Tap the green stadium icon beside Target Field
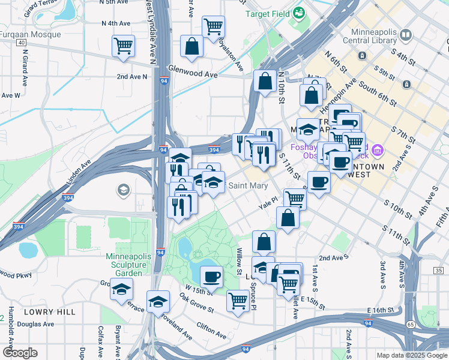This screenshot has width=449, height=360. click(x=298, y=13)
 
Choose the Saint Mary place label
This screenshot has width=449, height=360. click(x=248, y=186)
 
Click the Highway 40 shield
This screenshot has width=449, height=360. click(x=21, y=43)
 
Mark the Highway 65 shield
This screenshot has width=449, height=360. click(x=411, y=324)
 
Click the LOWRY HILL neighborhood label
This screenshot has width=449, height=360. click(x=50, y=312)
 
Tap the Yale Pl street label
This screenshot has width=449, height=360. click(x=268, y=205)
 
